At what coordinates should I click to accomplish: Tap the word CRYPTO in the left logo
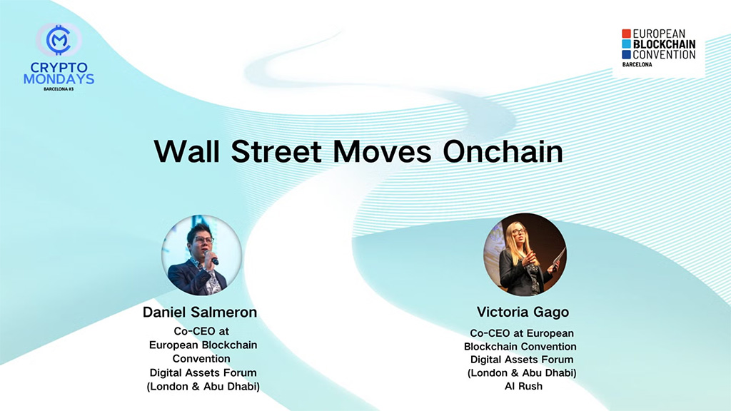click(x=59, y=68)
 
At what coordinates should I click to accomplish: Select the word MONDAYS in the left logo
click(x=59, y=79)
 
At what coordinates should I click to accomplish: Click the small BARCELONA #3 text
click(x=59, y=89)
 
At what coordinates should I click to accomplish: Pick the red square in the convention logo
click(x=626, y=34)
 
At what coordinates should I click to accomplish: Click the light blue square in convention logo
click(x=626, y=44)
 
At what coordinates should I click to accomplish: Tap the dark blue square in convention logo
click(x=626, y=54)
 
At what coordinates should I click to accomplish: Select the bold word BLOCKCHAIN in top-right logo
click(x=664, y=44)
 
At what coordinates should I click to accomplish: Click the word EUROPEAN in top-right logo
click(x=659, y=34)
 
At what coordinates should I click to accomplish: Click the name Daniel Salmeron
click(x=201, y=313)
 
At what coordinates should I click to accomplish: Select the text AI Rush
click(x=521, y=386)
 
